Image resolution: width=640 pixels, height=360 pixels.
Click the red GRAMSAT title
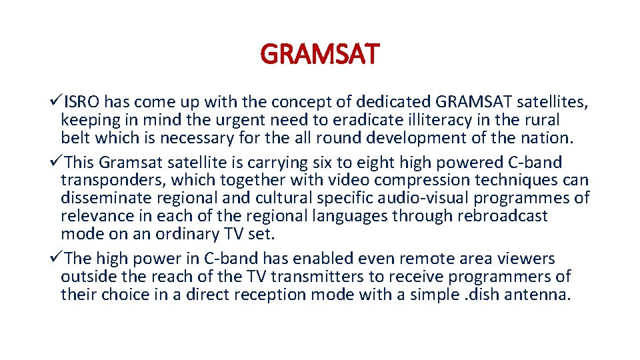click(320, 54)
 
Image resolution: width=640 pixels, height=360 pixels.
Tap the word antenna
click(540, 295)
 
